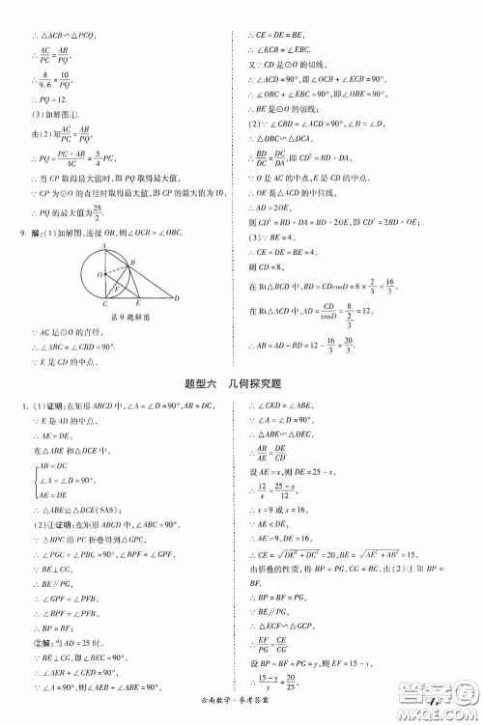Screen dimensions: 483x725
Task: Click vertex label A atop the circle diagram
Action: point(109,244)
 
